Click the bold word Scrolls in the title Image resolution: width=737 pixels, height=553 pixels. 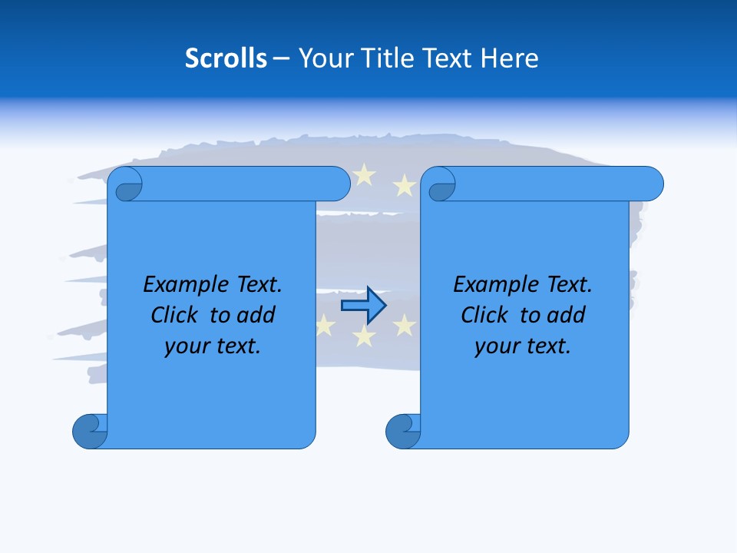coord(226,58)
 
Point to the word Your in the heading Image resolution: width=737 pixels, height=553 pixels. coord(323,58)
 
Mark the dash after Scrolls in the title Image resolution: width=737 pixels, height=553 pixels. coord(282,59)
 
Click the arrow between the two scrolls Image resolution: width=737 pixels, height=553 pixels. coord(363,306)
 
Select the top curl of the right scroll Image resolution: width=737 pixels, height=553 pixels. coord(441,185)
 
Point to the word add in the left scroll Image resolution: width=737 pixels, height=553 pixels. coord(256,315)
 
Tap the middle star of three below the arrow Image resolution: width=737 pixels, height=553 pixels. coord(364,336)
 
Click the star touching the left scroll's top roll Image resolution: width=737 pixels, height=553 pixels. coord(364,176)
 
